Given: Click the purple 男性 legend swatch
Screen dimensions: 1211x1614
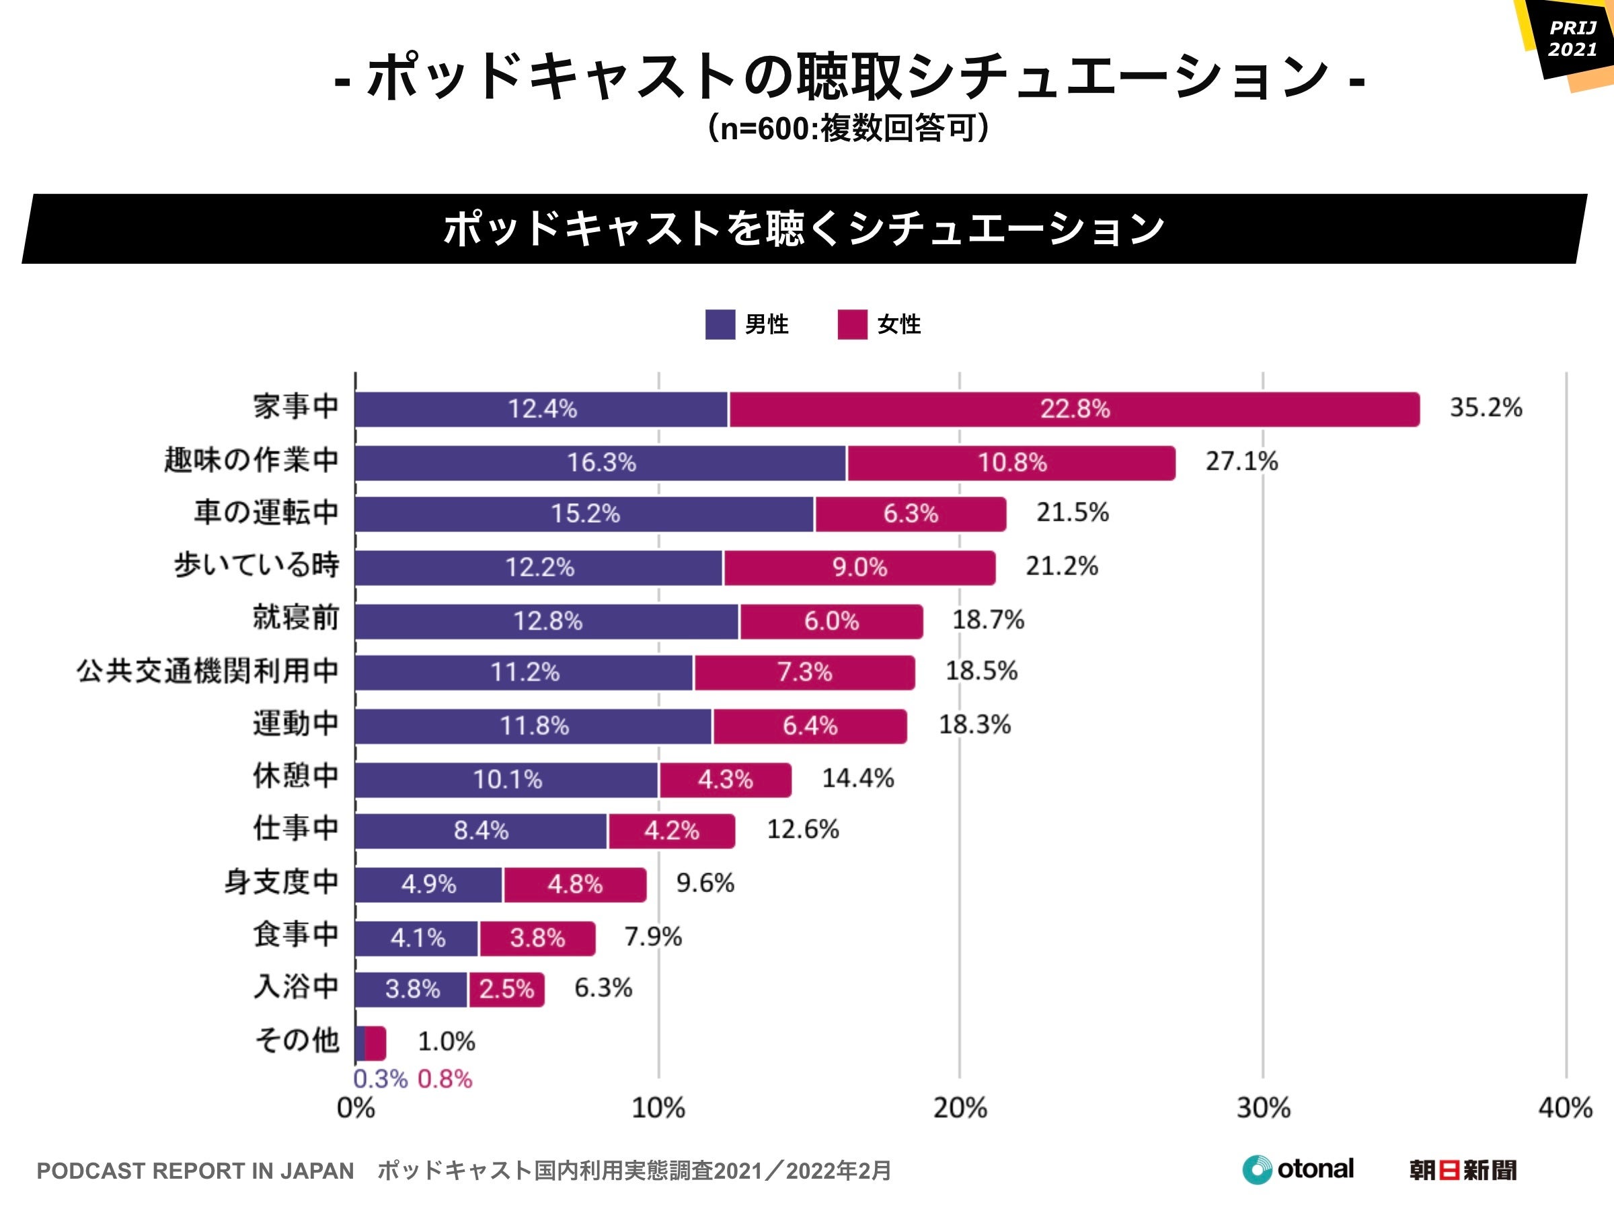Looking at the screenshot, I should coord(720,325).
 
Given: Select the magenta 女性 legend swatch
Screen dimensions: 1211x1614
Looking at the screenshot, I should coord(852,325).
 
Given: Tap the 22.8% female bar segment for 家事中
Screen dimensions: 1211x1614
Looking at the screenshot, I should coord(1074,409).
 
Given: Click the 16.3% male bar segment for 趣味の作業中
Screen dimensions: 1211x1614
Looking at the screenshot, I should coord(601,463).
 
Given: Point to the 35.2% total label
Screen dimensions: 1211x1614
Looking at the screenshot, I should coord(1486,407).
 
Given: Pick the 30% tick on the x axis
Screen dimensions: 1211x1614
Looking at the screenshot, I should coord(1263,1108).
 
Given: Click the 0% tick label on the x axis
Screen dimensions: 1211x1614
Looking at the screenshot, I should coord(355,1108).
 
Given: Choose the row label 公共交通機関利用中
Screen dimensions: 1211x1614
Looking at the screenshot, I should coord(207,671).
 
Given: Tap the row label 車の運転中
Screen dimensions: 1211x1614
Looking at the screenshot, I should coord(266,513).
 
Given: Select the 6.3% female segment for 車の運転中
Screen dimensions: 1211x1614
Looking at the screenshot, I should coord(910,514).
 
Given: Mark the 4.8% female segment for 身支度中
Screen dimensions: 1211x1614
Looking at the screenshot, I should coord(575,885).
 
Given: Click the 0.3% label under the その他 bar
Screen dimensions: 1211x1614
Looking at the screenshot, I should coord(379,1079).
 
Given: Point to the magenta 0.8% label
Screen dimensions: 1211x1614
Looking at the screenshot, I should coord(445,1079).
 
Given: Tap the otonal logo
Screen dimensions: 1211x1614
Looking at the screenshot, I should coord(1298,1169).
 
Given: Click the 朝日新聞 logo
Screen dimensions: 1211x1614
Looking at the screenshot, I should coord(1462,1170).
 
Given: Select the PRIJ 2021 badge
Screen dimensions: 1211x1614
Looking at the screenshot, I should coord(1572,39).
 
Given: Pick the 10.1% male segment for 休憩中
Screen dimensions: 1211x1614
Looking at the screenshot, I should coord(507,780).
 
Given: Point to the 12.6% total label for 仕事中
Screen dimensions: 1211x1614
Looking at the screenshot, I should coord(802,830).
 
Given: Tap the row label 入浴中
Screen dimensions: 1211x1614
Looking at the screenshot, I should coord(295,987).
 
